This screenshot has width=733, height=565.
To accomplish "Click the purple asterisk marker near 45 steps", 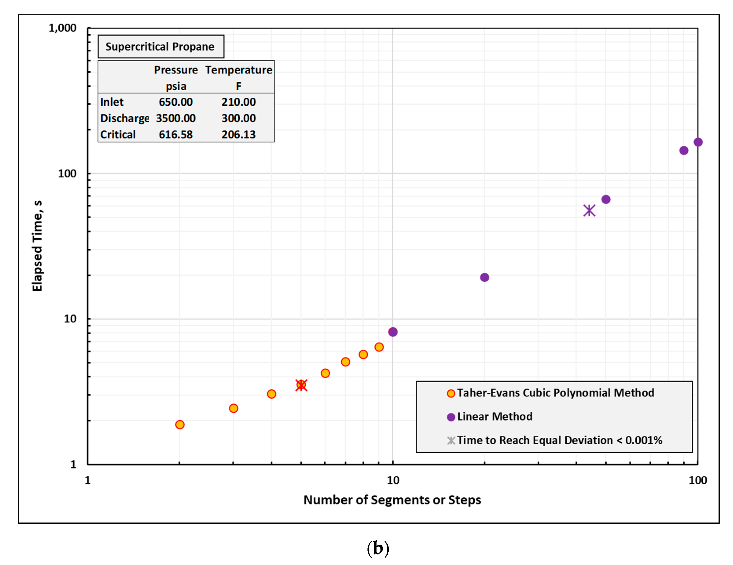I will point(589,211).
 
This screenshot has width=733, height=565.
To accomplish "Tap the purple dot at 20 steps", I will point(484,277).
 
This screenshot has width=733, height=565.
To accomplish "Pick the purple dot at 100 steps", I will point(698,142).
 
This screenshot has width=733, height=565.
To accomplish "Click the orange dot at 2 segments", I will point(180,424).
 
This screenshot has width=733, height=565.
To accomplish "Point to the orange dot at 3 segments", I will point(234,408).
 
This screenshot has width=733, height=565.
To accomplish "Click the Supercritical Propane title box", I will point(160,46).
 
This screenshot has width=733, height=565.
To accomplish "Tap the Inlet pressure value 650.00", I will point(176,102).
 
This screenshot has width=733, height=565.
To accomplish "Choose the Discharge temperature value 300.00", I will point(238,118).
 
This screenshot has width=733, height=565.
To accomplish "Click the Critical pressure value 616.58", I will point(176,135).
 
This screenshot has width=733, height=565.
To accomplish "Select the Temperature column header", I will point(239,70).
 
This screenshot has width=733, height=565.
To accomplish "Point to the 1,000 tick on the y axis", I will point(62,28).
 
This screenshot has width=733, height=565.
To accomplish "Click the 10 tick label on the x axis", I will point(393,480).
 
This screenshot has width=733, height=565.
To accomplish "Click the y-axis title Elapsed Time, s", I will point(37,246).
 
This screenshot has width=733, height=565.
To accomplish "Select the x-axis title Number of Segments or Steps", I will point(392,500).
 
